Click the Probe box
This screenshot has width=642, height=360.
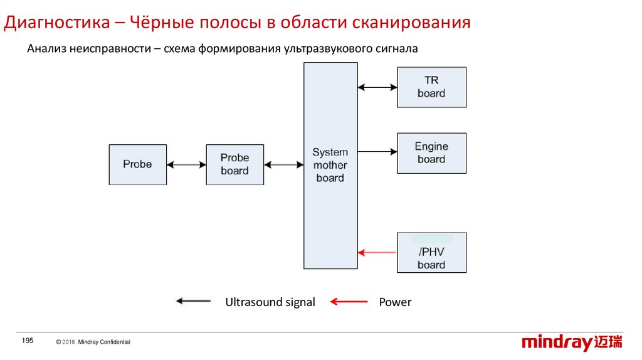[138, 164]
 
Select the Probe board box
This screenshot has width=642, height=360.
[235, 164]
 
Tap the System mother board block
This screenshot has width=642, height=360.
[330, 166]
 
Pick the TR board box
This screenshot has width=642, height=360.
[431, 87]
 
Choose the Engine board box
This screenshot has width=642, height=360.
[431, 153]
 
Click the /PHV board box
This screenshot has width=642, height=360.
[431, 252]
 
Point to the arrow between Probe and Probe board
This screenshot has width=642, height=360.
[187, 165]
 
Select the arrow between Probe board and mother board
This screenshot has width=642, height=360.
[284, 165]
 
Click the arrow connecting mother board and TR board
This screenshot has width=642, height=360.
[377, 87]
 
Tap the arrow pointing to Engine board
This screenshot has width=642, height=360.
[377, 151]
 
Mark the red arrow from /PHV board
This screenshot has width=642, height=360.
[377, 253]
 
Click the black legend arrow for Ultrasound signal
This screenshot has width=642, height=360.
[193, 302]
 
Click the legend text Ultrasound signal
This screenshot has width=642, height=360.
[270, 302]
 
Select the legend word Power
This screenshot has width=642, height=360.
[395, 302]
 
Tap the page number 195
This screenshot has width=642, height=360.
[27, 340]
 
